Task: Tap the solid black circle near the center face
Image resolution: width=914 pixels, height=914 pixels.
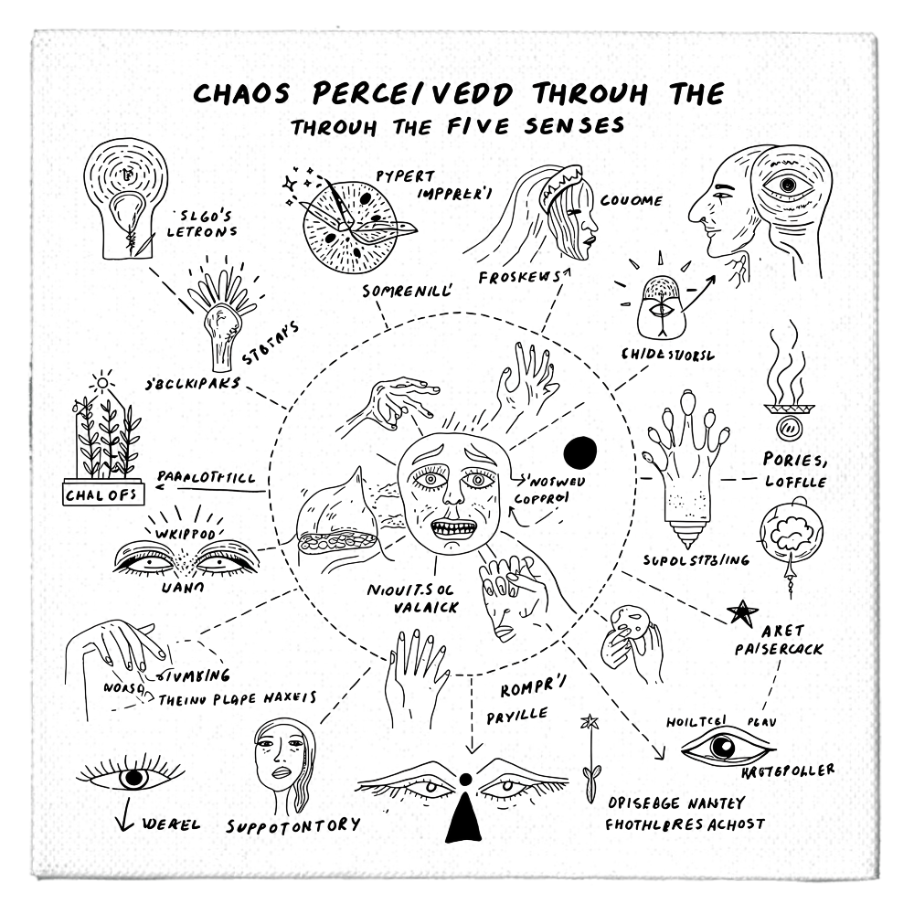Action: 579,451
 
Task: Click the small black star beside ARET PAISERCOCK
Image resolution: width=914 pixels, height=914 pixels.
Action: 743,610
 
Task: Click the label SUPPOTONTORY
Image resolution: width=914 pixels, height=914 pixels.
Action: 293,825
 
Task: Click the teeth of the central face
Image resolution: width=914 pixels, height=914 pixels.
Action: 454,529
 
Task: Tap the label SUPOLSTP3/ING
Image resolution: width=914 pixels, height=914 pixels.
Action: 696,559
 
